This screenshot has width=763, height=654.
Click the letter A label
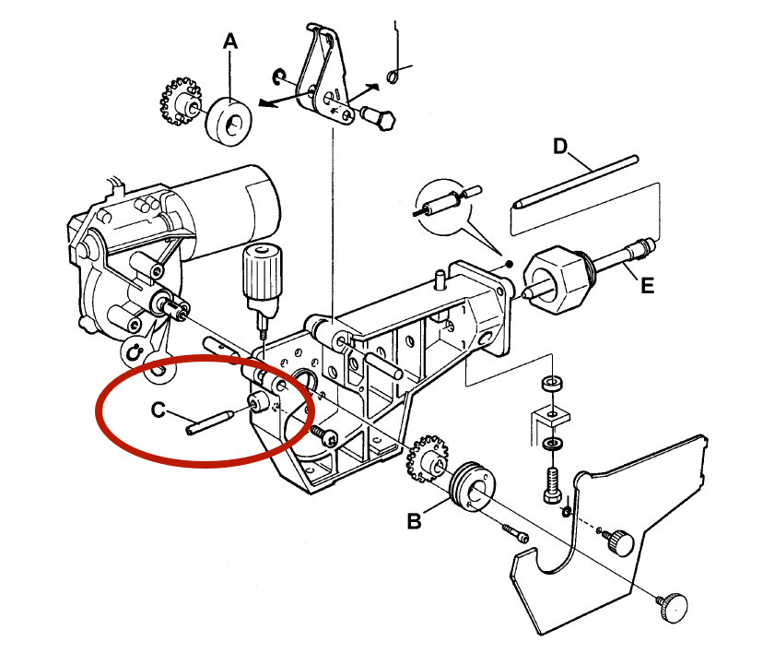(x=230, y=42)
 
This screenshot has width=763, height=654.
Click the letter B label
(x=416, y=522)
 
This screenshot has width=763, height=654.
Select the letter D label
(x=560, y=146)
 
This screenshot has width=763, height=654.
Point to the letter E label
(x=648, y=287)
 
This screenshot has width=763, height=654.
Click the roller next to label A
(x=229, y=120)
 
